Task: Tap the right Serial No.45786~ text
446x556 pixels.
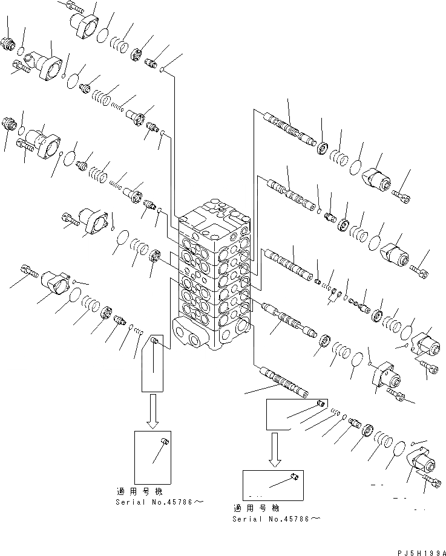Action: coord(275,519)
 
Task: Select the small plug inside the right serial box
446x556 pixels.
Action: coord(294,478)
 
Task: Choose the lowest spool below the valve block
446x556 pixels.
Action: coord(281,380)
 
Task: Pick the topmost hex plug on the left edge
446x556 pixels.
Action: coord(8,44)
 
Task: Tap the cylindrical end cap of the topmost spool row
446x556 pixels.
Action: coord(378,180)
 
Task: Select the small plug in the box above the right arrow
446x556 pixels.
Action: coord(321,402)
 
